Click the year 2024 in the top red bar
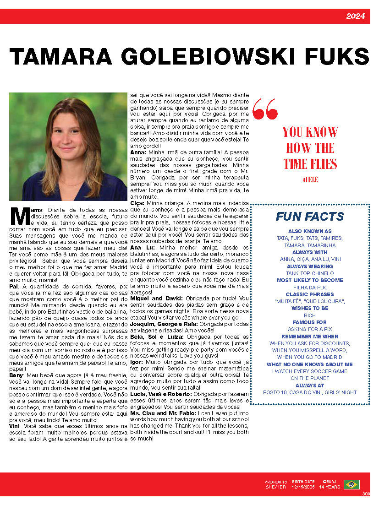tap(355, 16)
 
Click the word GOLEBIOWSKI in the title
tap(181, 57)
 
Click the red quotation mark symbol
tap(265, 109)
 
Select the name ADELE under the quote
tap(310, 179)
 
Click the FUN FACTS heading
tap(310, 217)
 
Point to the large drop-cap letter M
tap(20, 216)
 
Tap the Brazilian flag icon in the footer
tap(352, 484)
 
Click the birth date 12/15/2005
tap(303, 487)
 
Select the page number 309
tap(366, 494)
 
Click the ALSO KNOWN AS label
tap(310, 232)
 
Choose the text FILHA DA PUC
tap(310, 288)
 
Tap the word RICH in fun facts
tap(310, 315)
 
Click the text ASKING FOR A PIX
tap(310, 329)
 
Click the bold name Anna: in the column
tap(138, 152)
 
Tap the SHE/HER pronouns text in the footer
tap(275, 487)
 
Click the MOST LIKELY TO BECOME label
tap(310, 280)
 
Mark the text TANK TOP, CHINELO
tap(310, 273)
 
